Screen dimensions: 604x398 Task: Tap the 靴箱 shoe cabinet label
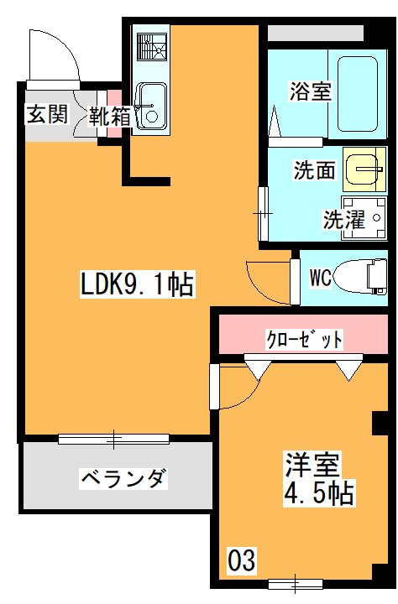point(111,115)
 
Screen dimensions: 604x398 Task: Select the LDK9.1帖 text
point(137,286)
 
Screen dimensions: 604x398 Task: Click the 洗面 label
point(314,170)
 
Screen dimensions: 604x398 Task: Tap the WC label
point(320,276)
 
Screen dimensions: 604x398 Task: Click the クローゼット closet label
point(304,340)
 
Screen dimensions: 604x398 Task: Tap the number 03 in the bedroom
point(241,559)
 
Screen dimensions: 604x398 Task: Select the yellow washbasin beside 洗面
point(365,169)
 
